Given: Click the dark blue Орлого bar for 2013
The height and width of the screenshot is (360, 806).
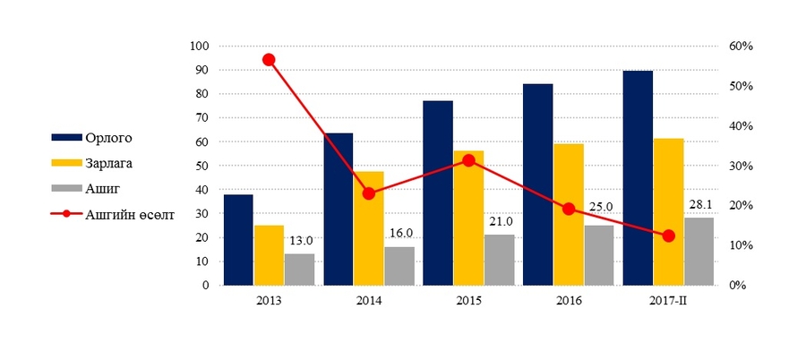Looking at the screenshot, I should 238,240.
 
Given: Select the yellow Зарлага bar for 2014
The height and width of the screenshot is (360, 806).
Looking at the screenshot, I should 368,228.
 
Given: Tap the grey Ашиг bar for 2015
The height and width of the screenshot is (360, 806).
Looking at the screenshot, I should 499,260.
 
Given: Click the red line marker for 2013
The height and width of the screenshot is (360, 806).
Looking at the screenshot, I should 269,60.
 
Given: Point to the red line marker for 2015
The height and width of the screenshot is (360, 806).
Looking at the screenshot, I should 468,160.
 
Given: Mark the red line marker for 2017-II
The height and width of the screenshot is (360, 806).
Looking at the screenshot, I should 668,236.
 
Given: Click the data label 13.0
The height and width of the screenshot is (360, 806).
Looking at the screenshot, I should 300,241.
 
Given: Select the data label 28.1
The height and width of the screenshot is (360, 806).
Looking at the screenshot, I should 699,205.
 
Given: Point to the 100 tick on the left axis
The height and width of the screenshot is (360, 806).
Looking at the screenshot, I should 200,46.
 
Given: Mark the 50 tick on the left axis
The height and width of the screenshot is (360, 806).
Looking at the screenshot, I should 202,166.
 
